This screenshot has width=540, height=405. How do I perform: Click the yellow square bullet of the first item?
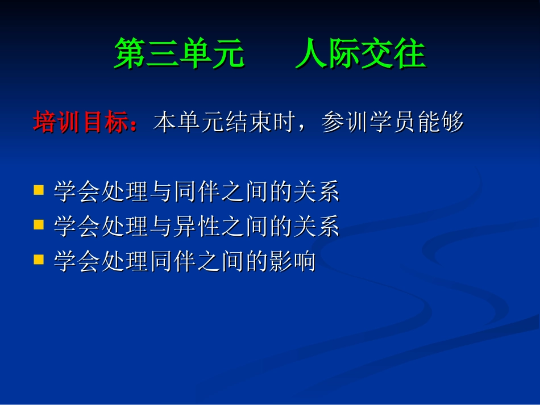(x=39, y=190)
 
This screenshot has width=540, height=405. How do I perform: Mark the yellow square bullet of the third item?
(x=39, y=260)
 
